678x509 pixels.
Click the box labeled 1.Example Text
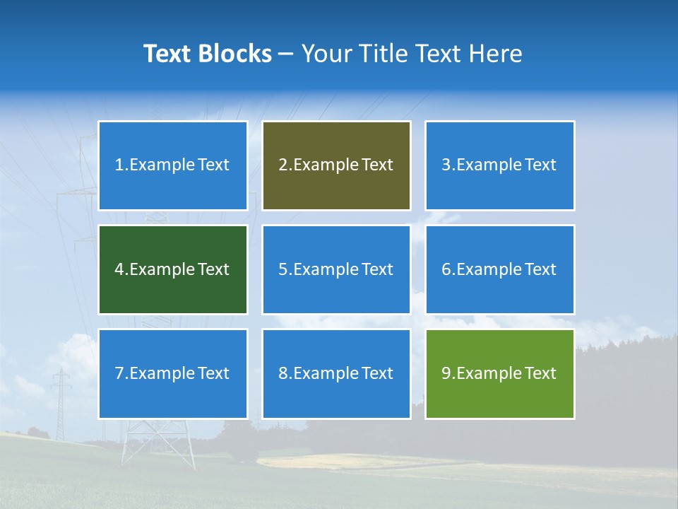click(x=172, y=165)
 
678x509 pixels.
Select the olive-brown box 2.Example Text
click(x=336, y=165)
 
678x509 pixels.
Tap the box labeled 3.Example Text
click(x=499, y=165)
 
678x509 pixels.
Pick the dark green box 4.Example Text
click(x=172, y=269)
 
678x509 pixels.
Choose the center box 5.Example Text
click(x=336, y=269)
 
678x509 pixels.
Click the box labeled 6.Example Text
click(x=499, y=269)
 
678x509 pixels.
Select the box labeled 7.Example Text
click(x=172, y=373)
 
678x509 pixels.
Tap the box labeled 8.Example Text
click(x=336, y=373)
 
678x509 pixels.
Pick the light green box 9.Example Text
click(x=499, y=373)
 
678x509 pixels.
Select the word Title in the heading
click(x=384, y=54)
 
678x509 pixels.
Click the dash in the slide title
click(x=286, y=54)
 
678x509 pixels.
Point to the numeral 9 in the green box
click(x=446, y=373)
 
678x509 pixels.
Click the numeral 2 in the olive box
click(x=282, y=165)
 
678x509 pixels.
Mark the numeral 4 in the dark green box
click(x=119, y=269)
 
